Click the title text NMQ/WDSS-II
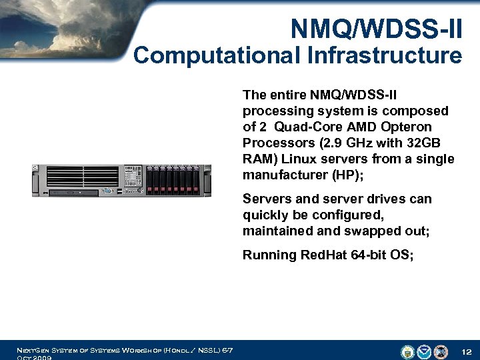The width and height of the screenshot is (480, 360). (375, 29)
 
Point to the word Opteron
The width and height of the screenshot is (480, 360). (407, 127)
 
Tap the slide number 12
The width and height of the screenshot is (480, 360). (467, 351)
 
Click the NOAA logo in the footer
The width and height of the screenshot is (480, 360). (424, 351)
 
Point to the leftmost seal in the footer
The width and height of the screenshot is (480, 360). (407, 351)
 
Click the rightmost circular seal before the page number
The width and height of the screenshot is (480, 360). (441, 351)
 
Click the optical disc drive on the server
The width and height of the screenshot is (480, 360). (73, 193)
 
